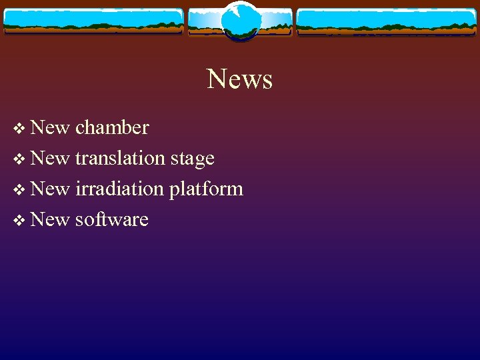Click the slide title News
[240, 79]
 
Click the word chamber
[112, 127]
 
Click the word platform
[206, 189]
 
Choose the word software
[111, 219]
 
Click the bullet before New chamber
[18, 128]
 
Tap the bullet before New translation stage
[18, 159]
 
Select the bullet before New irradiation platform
[18, 189]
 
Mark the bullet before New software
[18, 220]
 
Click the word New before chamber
[50, 127]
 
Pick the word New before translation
[50, 158]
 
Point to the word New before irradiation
[50, 189]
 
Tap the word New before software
[50, 219]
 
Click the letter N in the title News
[217, 79]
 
